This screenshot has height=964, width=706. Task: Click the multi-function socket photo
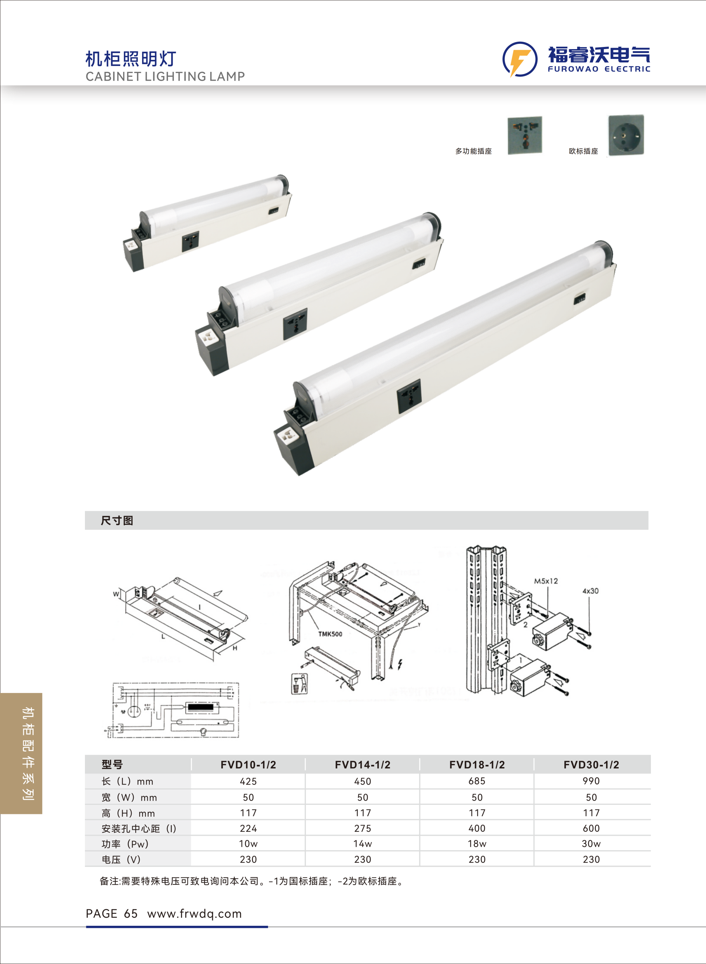(x=525, y=135)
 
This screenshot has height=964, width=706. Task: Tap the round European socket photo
(x=626, y=135)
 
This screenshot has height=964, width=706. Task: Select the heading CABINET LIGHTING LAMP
(x=165, y=76)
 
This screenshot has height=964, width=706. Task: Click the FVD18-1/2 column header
(x=477, y=764)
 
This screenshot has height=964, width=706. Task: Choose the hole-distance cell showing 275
(x=362, y=828)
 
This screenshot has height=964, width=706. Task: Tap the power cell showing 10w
(x=248, y=844)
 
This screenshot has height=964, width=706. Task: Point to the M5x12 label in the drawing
(x=546, y=581)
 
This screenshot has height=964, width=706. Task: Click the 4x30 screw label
(x=590, y=591)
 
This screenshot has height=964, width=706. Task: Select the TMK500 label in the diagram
(x=330, y=634)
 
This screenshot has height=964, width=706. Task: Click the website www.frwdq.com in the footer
(x=194, y=914)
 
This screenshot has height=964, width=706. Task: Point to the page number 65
(x=131, y=914)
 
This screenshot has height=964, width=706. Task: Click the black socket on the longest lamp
(x=409, y=396)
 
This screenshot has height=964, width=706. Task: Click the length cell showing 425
(x=248, y=781)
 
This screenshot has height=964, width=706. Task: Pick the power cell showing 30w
(x=591, y=844)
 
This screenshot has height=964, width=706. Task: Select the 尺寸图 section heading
(x=117, y=520)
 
